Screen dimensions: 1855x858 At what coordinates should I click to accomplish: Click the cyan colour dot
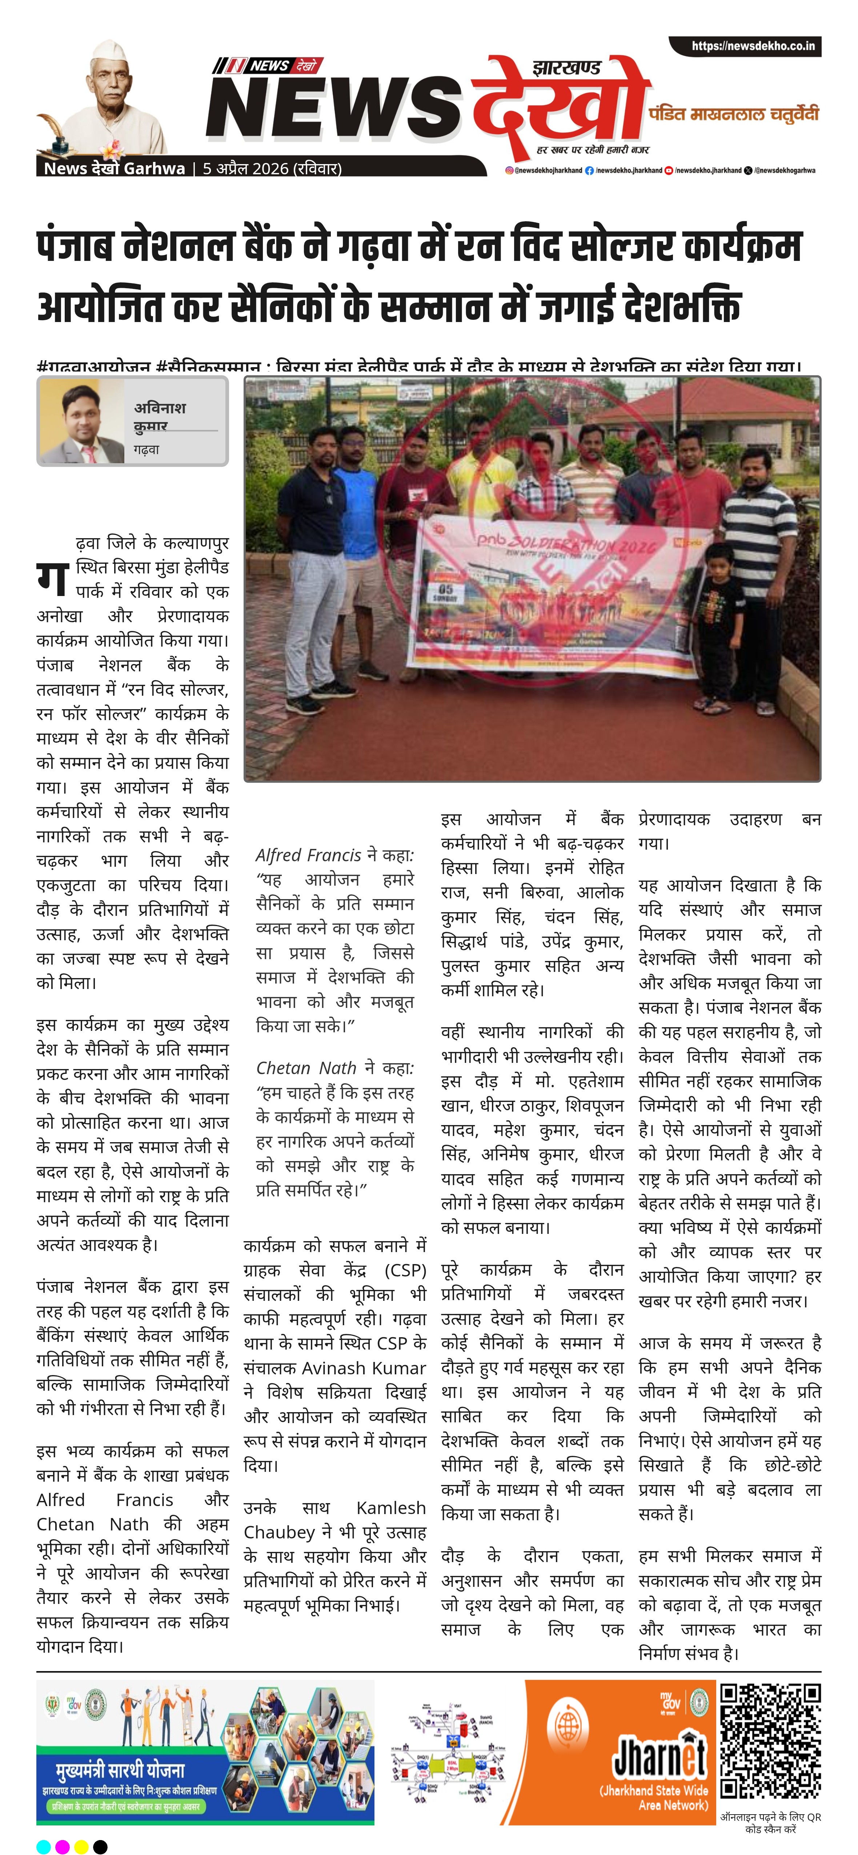pos(43,1846)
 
